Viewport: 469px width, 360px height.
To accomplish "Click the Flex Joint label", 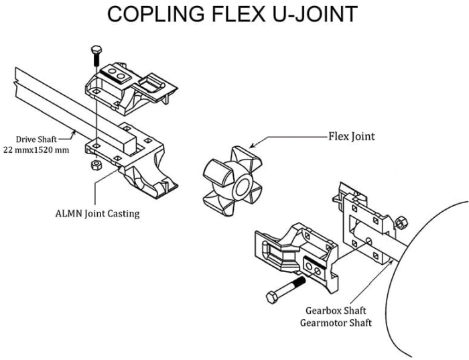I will [351, 136].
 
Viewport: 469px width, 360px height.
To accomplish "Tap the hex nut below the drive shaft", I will [95, 165].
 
